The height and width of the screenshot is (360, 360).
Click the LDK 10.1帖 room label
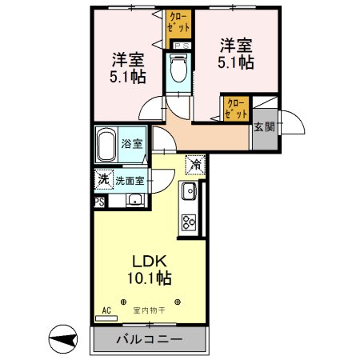(x=150, y=270)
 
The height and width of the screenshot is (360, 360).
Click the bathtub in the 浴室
(x=108, y=144)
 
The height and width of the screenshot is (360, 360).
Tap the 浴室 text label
(x=133, y=144)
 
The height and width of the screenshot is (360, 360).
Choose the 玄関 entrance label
(x=264, y=126)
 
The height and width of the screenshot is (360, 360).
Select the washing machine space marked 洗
(x=102, y=180)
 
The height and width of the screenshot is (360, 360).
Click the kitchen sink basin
(x=189, y=192)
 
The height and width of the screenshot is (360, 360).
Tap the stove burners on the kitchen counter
(x=190, y=222)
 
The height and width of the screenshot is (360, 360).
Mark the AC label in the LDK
(x=106, y=310)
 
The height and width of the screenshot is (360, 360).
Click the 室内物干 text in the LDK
(x=150, y=310)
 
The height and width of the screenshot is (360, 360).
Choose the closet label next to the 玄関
(x=236, y=109)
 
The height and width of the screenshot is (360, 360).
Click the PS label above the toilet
(x=182, y=46)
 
